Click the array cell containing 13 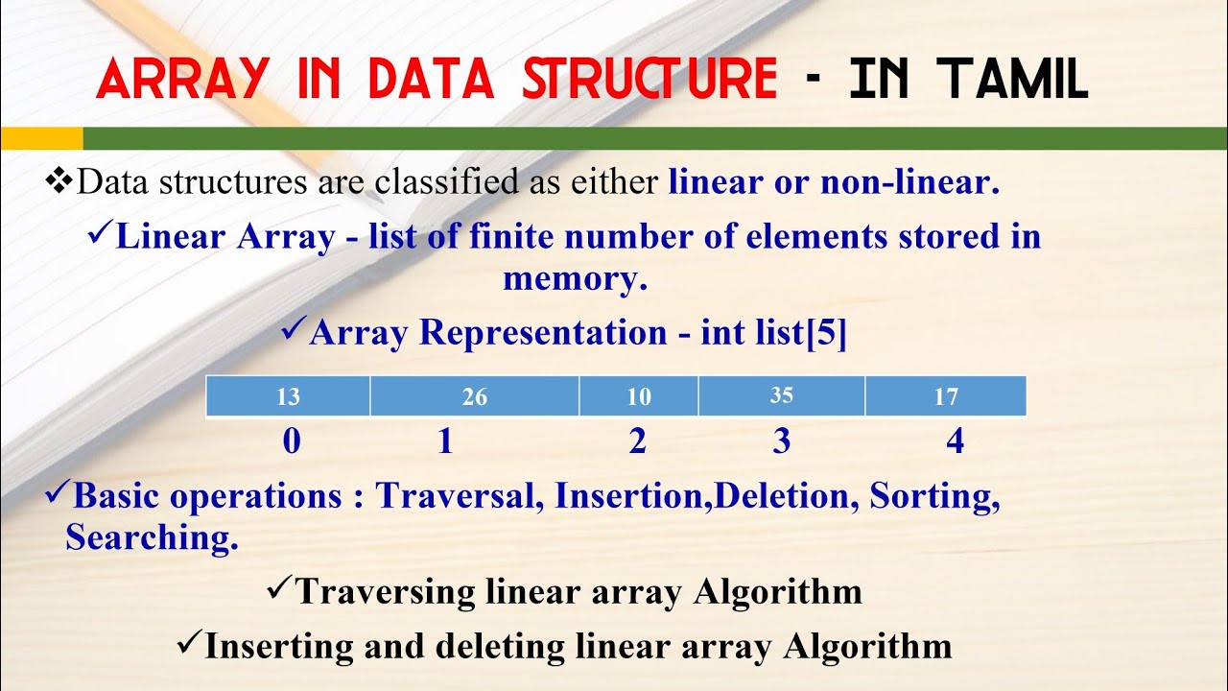[288, 396]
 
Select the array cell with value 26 [474, 396]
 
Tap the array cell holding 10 [639, 396]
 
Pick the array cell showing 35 [782, 396]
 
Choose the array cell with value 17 [946, 396]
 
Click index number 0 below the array [292, 441]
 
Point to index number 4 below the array [955, 441]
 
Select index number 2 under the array [638, 441]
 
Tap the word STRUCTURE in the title [649, 80]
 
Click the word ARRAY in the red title [182, 80]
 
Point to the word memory [575, 279]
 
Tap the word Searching [152, 537]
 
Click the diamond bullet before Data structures [59, 179]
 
